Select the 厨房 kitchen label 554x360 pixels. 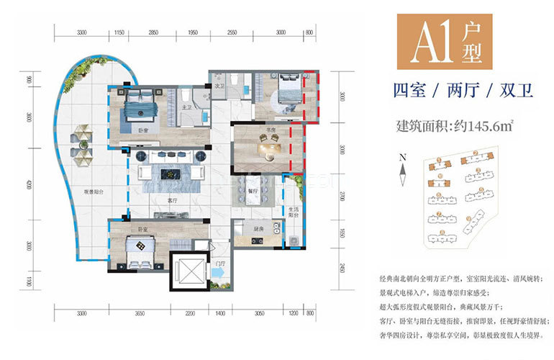coord(259,229)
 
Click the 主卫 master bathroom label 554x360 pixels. coord(186,108)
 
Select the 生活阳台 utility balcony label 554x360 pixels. coord(294,211)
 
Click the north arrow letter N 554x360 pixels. coord(404,156)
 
